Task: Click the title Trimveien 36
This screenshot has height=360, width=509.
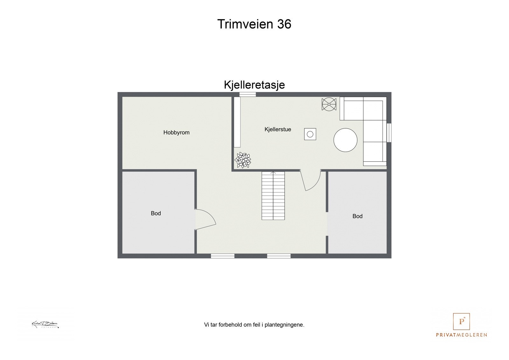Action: (x=254, y=24)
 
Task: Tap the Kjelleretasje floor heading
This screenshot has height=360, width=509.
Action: (x=254, y=85)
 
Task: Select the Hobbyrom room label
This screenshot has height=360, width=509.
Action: (x=176, y=132)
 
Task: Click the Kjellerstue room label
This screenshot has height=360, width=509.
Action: (x=278, y=129)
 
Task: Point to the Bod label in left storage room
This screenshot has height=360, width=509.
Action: (x=156, y=213)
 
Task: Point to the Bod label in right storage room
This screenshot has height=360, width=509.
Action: (x=357, y=216)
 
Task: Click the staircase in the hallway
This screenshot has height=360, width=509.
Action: (x=273, y=195)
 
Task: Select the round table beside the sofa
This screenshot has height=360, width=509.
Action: (x=345, y=140)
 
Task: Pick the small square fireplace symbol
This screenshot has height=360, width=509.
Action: (x=310, y=134)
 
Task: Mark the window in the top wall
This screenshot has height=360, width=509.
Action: (x=248, y=94)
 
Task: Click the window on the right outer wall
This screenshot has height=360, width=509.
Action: (x=389, y=132)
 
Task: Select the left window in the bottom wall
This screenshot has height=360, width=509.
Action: (x=223, y=256)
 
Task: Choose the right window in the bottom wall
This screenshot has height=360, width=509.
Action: (x=279, y=256)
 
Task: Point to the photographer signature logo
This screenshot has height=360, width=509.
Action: (x=45, y=325)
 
